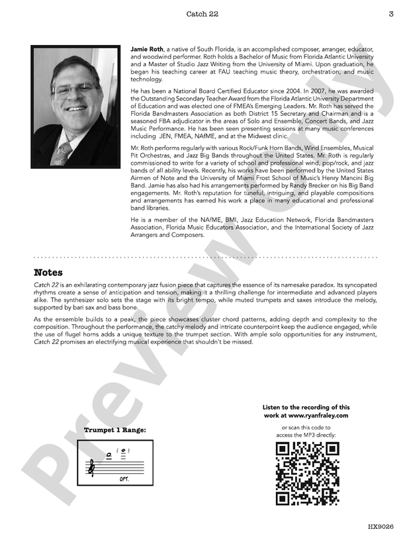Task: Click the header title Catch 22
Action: (202, 13)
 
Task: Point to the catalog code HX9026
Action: (381, 527)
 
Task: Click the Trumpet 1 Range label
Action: (115, 430)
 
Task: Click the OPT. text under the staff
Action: (124, 478)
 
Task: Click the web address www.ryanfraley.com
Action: (314, 416)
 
